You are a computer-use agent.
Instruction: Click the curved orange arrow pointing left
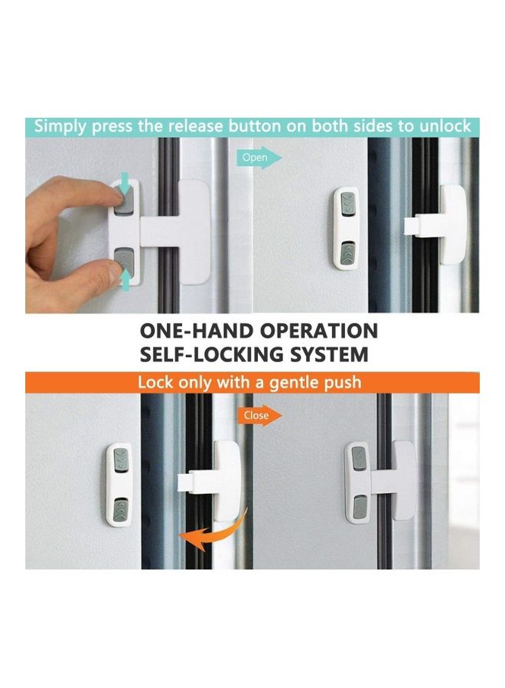pyautogui.click(x=213, y=531)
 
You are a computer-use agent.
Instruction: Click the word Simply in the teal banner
pyautogui.click(x=61, y=125)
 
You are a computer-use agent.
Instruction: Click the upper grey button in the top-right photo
pyautogui.click(x=347, y=204)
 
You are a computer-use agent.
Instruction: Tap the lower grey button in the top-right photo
pyautogui.click(x=347, y=250)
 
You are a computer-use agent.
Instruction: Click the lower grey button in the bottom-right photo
pyautogui.click(x=358, y=504)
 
